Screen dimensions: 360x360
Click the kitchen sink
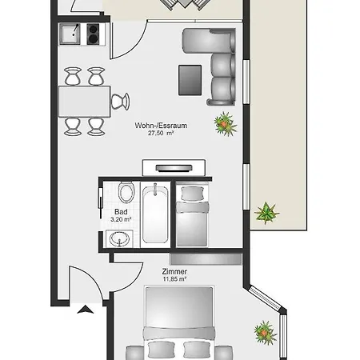pyautogui.click(x=70, y=34)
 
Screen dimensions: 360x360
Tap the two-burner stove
pyautogui.click(x=92, y=34)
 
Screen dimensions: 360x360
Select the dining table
pyautogui.click(x=83, y=101)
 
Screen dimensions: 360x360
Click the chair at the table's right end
pyautogui.click(x=120, y=101)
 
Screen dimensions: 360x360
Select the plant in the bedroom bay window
pyautogui.click(x=264, y=330)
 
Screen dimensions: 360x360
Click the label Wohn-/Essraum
pyautogui.click(x=161, y=126)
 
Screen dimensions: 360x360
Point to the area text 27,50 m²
pyautogui.click(x=161, y=134)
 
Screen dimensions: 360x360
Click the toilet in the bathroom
pyautogui.click(x=125, y=194)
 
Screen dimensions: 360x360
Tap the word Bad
pyautogui.click(x=121, y=212)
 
